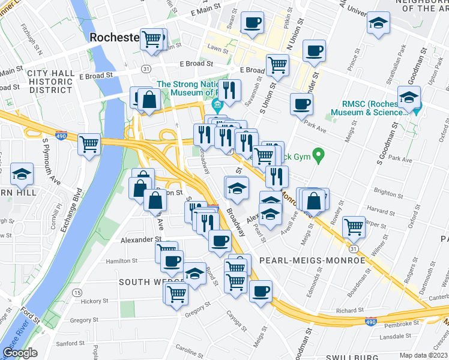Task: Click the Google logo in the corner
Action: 20,352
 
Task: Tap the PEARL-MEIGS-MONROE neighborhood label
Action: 312,260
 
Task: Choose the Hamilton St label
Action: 122,261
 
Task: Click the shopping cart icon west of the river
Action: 89,143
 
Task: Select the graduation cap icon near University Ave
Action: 378,25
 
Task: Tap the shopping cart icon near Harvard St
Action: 354,227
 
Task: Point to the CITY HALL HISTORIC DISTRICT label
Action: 50,81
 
